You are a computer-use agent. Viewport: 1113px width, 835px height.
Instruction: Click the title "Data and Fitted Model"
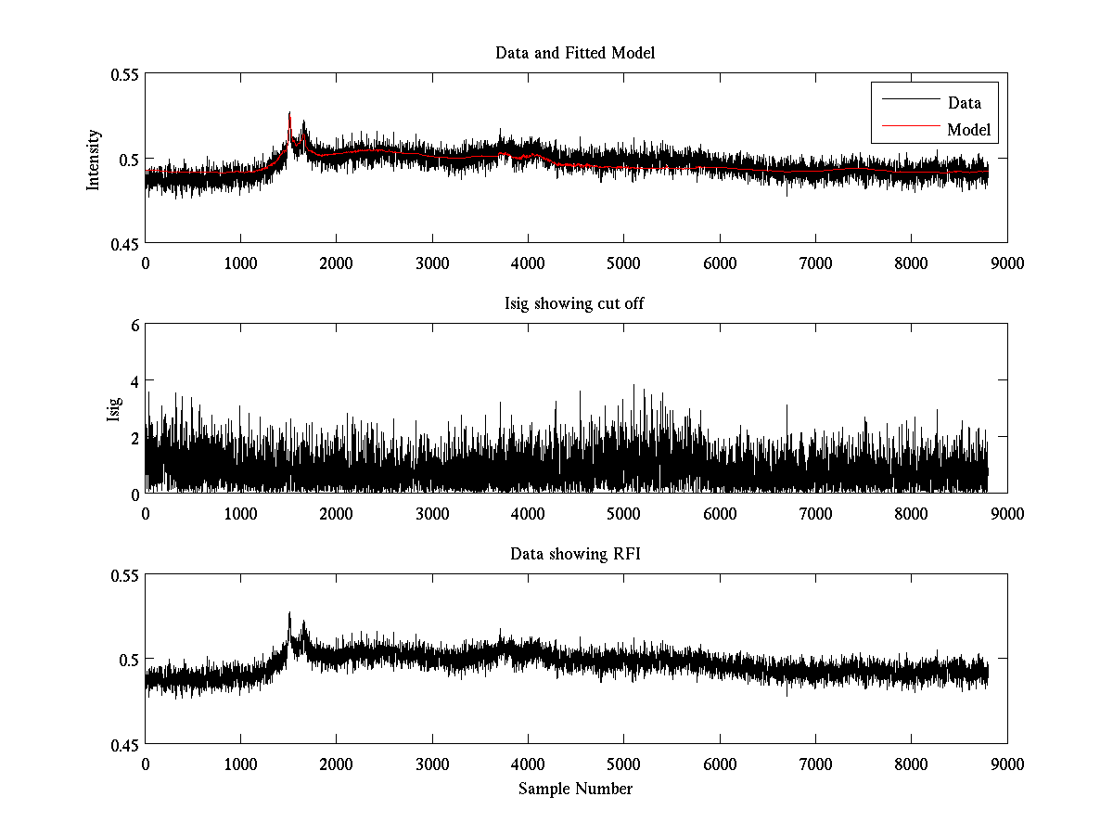click(x=575, y=53)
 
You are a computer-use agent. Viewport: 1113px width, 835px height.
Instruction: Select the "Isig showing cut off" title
click(x=575, y=304)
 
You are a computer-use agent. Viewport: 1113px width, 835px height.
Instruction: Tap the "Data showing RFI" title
click(x=575, y=555)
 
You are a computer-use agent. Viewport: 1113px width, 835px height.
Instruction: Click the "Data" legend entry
click(x=964, y=103)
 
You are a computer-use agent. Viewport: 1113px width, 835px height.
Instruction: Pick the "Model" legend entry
click(x=968, y=130)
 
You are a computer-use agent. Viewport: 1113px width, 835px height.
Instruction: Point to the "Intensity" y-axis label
click(x=93, y=159)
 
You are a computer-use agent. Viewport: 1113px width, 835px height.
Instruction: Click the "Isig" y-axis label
click(x=113, y=409)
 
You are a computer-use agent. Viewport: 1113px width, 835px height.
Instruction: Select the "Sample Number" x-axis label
click(x=575, y=789)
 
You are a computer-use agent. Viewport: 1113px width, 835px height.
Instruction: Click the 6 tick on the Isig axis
click(x=134, y=326)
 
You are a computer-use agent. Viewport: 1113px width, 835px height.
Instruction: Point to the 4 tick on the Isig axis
click(x=134, y=381)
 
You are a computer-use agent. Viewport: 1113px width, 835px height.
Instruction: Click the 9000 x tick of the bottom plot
click(x=1006, y=764)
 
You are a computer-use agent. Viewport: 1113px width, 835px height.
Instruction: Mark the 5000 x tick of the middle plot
click(x=623, y=513)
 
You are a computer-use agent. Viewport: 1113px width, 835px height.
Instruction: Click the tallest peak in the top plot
click(x=289, y=113)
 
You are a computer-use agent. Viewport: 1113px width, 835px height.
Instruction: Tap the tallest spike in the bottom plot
click(x=289, y=613)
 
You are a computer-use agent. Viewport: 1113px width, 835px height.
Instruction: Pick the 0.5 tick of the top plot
click(x=128, y=159)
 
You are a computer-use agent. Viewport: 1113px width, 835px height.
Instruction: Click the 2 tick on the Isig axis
click(x=134, y=437)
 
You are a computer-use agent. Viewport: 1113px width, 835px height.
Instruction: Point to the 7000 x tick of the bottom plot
click(x=815, y=764)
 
